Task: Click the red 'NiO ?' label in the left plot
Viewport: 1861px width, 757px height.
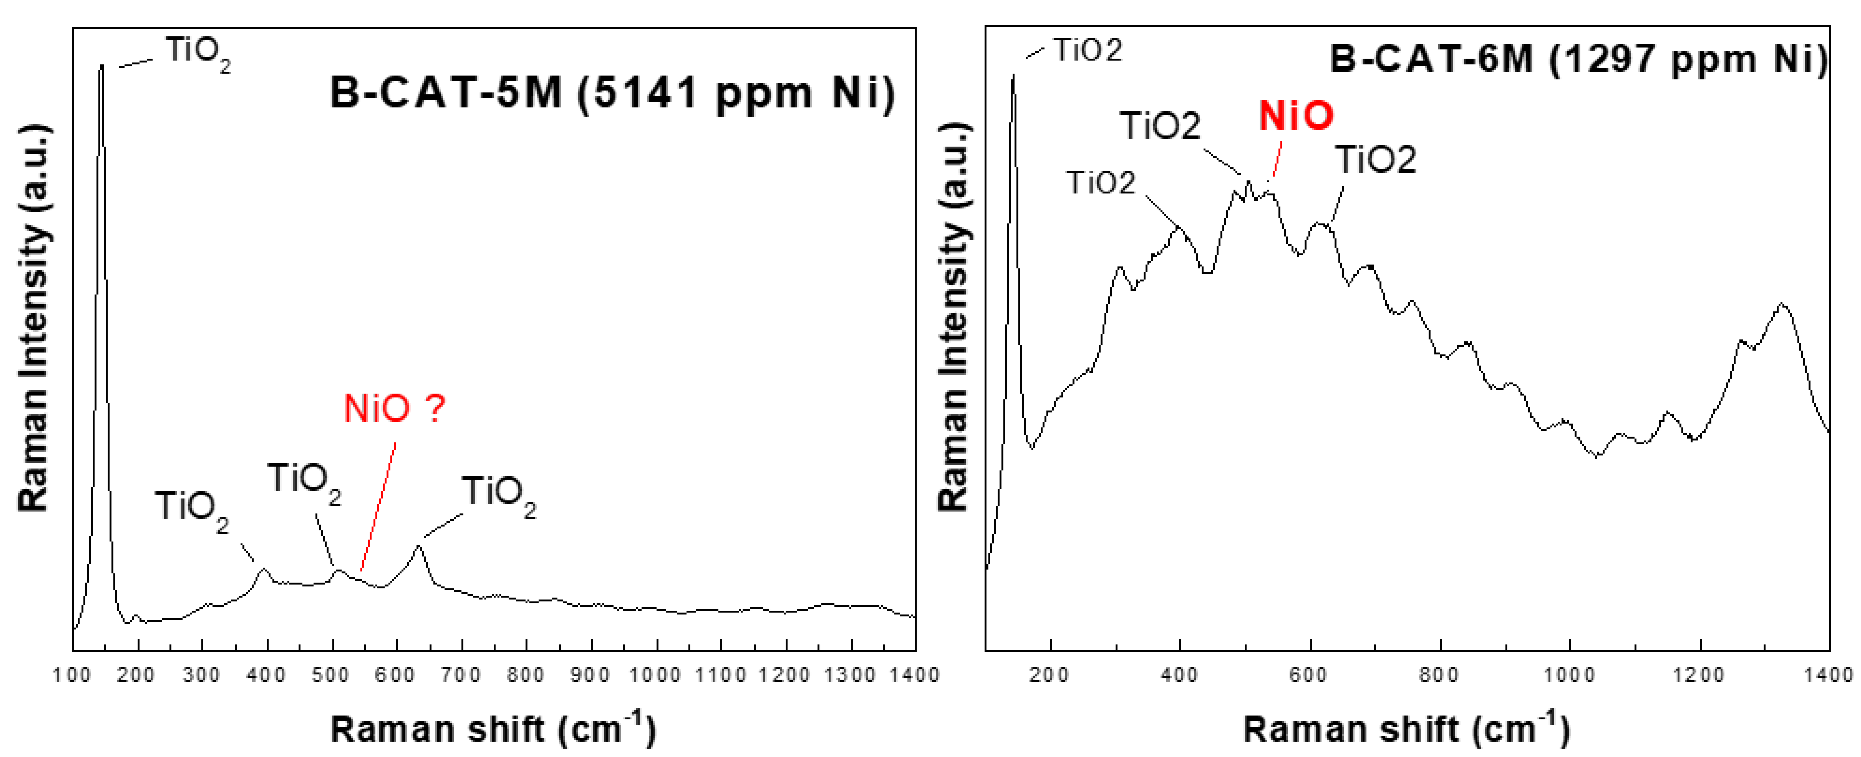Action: [x=394, y=409]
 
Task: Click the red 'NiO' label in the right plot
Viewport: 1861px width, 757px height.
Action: [x=1296, y=116]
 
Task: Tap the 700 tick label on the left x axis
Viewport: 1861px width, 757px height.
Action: [x=461, y=675]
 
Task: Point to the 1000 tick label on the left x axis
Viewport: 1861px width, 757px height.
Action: [x=655, y=675]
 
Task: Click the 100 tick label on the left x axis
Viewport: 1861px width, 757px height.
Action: [x=72, y=675]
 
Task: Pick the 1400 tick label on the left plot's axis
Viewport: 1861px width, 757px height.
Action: [x=914, y=675]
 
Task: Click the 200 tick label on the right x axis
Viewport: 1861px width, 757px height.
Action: [x=1050, y=675]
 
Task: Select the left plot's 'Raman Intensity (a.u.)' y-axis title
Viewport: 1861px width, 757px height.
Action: [x=33, y=318]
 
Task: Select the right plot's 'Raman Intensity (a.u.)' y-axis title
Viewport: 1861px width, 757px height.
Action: [x=953, y=318]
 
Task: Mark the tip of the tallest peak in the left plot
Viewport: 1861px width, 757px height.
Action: [x=102, y=65]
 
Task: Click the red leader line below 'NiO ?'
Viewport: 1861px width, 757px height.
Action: [x=378, y=506]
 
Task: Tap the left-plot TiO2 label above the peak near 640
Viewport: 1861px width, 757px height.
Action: [x=499, y=494]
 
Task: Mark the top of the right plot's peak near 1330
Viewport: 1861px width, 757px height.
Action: [x=1782, y=303]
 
